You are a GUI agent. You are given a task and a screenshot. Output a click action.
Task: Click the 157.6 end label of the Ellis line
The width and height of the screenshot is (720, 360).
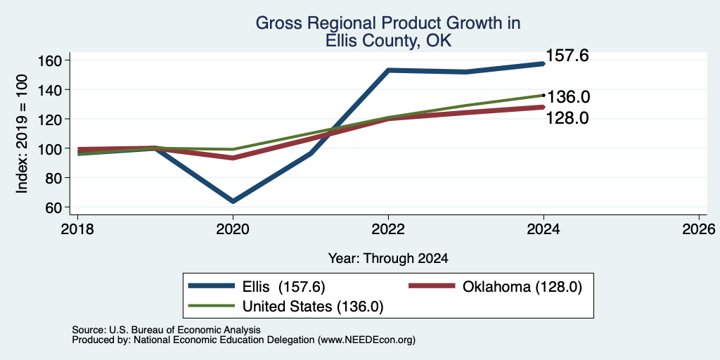click(x=567, y=56)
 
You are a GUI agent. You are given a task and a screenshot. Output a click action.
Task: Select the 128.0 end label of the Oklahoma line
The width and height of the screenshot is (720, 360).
click(x=567, y=118)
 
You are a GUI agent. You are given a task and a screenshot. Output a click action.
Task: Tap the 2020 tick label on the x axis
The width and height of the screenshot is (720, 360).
click(x=233, y=229)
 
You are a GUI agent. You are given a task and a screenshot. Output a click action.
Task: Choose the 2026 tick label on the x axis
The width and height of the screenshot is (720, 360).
click(x=699, y=229)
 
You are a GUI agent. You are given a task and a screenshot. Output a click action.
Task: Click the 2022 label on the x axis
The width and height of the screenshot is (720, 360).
click(x=388, y=229)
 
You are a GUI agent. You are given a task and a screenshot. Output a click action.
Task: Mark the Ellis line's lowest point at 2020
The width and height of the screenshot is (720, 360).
click(x=233, y=201)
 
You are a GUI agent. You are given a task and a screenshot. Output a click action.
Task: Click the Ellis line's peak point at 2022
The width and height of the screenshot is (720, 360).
click(x=388, y=70)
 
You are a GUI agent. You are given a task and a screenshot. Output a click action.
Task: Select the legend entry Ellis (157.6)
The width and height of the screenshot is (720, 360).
click(x=283, y=287)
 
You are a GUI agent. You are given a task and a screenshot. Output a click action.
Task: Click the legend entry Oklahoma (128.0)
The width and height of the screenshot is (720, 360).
click(x=522, y=287)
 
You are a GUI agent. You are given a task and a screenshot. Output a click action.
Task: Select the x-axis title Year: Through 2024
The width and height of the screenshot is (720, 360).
click(x=388, y=259)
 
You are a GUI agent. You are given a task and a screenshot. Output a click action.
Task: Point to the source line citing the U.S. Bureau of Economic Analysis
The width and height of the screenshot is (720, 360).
click(x=166, y=330)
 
